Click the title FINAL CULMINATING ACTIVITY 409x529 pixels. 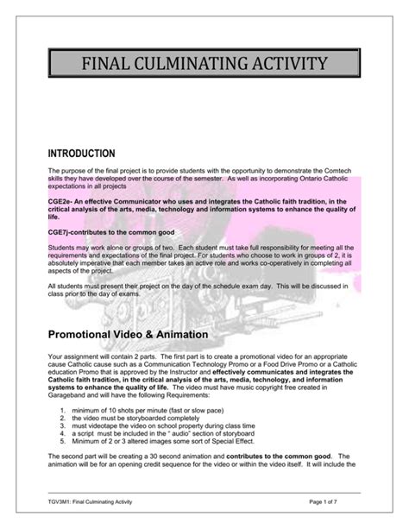204,63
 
